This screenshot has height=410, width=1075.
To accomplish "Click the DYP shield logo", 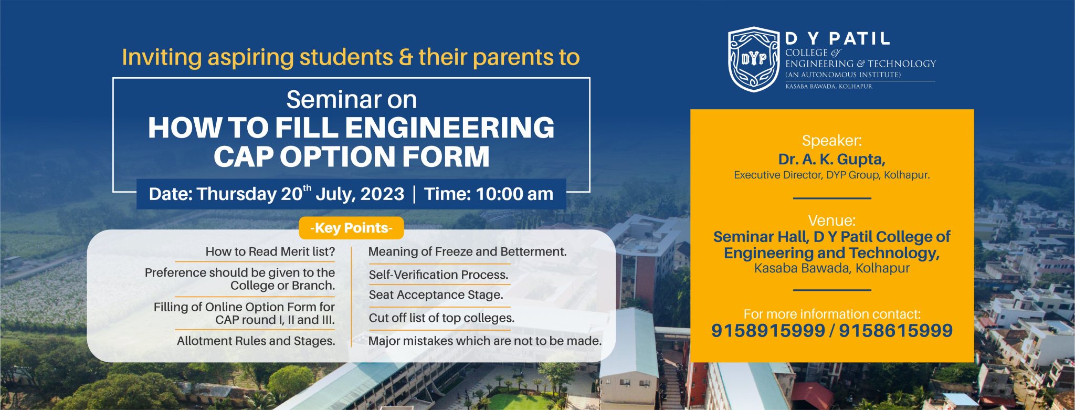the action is [x=754, y=59].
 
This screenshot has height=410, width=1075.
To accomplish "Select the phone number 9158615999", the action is [x=895, y=331].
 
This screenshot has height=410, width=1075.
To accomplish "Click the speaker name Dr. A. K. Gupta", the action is [x=831, y=159].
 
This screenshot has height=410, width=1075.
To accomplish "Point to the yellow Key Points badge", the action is [x=351, y=228].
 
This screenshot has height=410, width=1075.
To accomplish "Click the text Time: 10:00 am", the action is [x=488, y=194].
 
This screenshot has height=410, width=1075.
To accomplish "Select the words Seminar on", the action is [x=352, y=100].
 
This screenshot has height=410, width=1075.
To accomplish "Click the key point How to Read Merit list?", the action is [x=270, y=251].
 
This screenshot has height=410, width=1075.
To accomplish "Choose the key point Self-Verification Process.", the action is [x=438, y=275].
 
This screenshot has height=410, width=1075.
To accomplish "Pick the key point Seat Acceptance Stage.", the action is [x=436, y=295].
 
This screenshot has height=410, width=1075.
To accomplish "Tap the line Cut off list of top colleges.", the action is [x=441, y=318].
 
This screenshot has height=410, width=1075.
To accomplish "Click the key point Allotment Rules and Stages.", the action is [x=256, y=341].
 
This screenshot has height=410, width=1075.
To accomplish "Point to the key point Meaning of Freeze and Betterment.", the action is [x=467, y=251].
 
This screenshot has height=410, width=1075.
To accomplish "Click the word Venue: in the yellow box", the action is [x=832, y=220].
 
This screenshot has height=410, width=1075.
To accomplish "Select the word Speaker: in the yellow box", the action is [x=832, y=141].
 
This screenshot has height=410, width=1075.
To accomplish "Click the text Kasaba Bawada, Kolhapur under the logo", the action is [x=828, y=86].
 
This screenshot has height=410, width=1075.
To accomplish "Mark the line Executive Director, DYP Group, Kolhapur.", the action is [x=831, y=175].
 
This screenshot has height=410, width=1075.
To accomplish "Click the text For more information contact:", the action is [x=832, y=314].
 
